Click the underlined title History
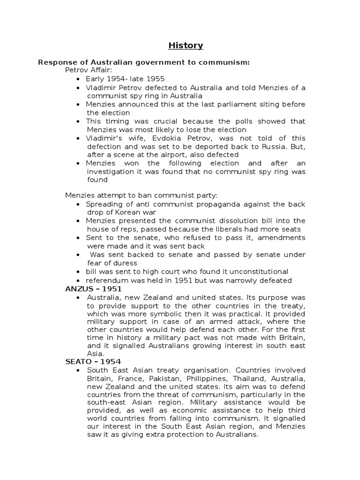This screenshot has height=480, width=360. tap(186, 45)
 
